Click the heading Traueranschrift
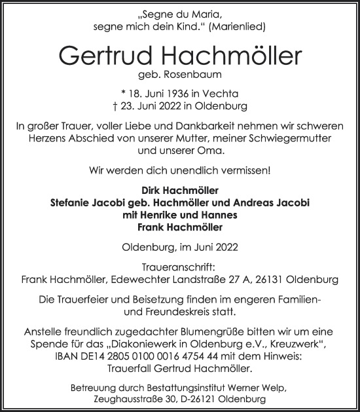[179, 268]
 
